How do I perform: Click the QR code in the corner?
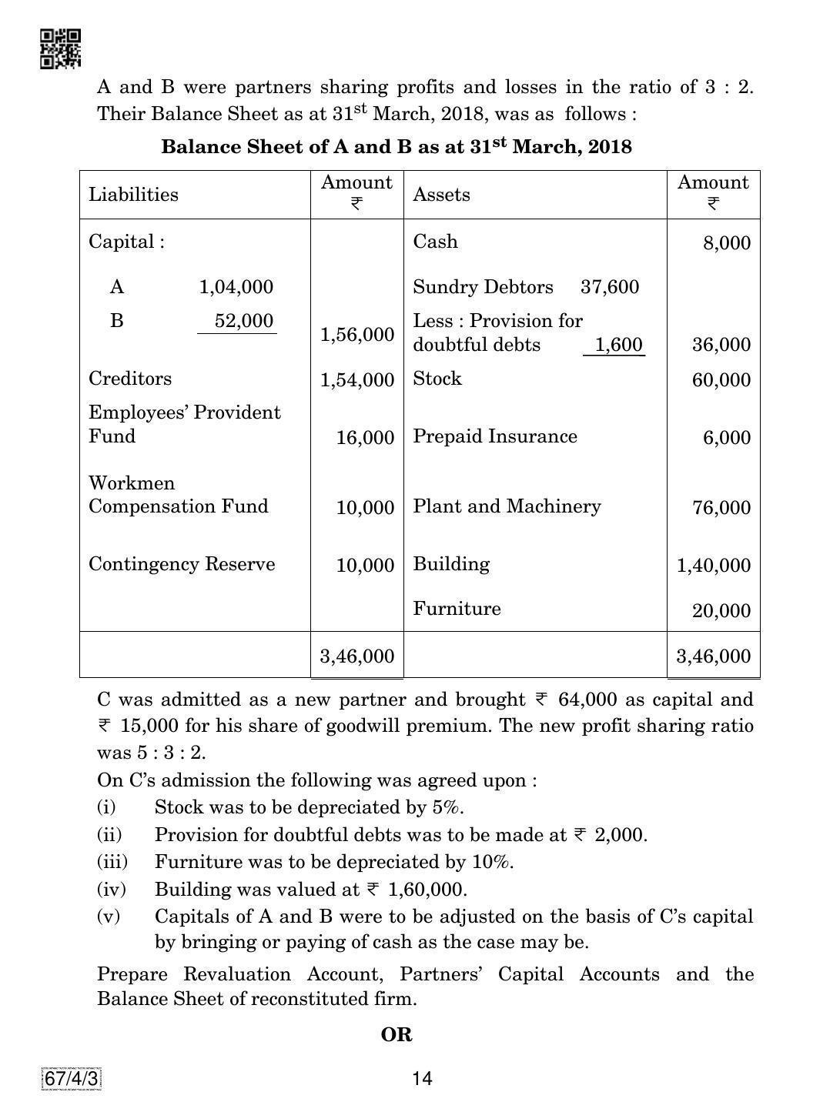point(60,48)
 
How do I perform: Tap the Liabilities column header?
point(133,195)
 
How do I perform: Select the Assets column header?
point(441,195)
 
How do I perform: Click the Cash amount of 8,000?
point(726,243)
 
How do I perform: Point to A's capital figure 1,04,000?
point(236,288)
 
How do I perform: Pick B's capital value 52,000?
point(243,321)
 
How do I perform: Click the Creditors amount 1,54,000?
point(357,380)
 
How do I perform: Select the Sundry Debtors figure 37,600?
point(609,288)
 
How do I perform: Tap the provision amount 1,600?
point(619,345)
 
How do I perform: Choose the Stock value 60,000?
point(721,380)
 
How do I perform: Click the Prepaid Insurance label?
point(494,436)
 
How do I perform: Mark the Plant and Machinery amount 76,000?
point(721,508)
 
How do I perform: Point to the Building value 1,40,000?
point(713,566)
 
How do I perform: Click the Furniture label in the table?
point(457,609)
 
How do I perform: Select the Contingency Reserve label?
point(182,564)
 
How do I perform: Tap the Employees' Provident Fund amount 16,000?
point(365,438)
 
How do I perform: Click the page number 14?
point(422,1078)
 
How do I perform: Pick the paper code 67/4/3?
point(71,1079)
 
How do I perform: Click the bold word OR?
point(397,1035)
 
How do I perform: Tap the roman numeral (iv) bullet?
point(110,890)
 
